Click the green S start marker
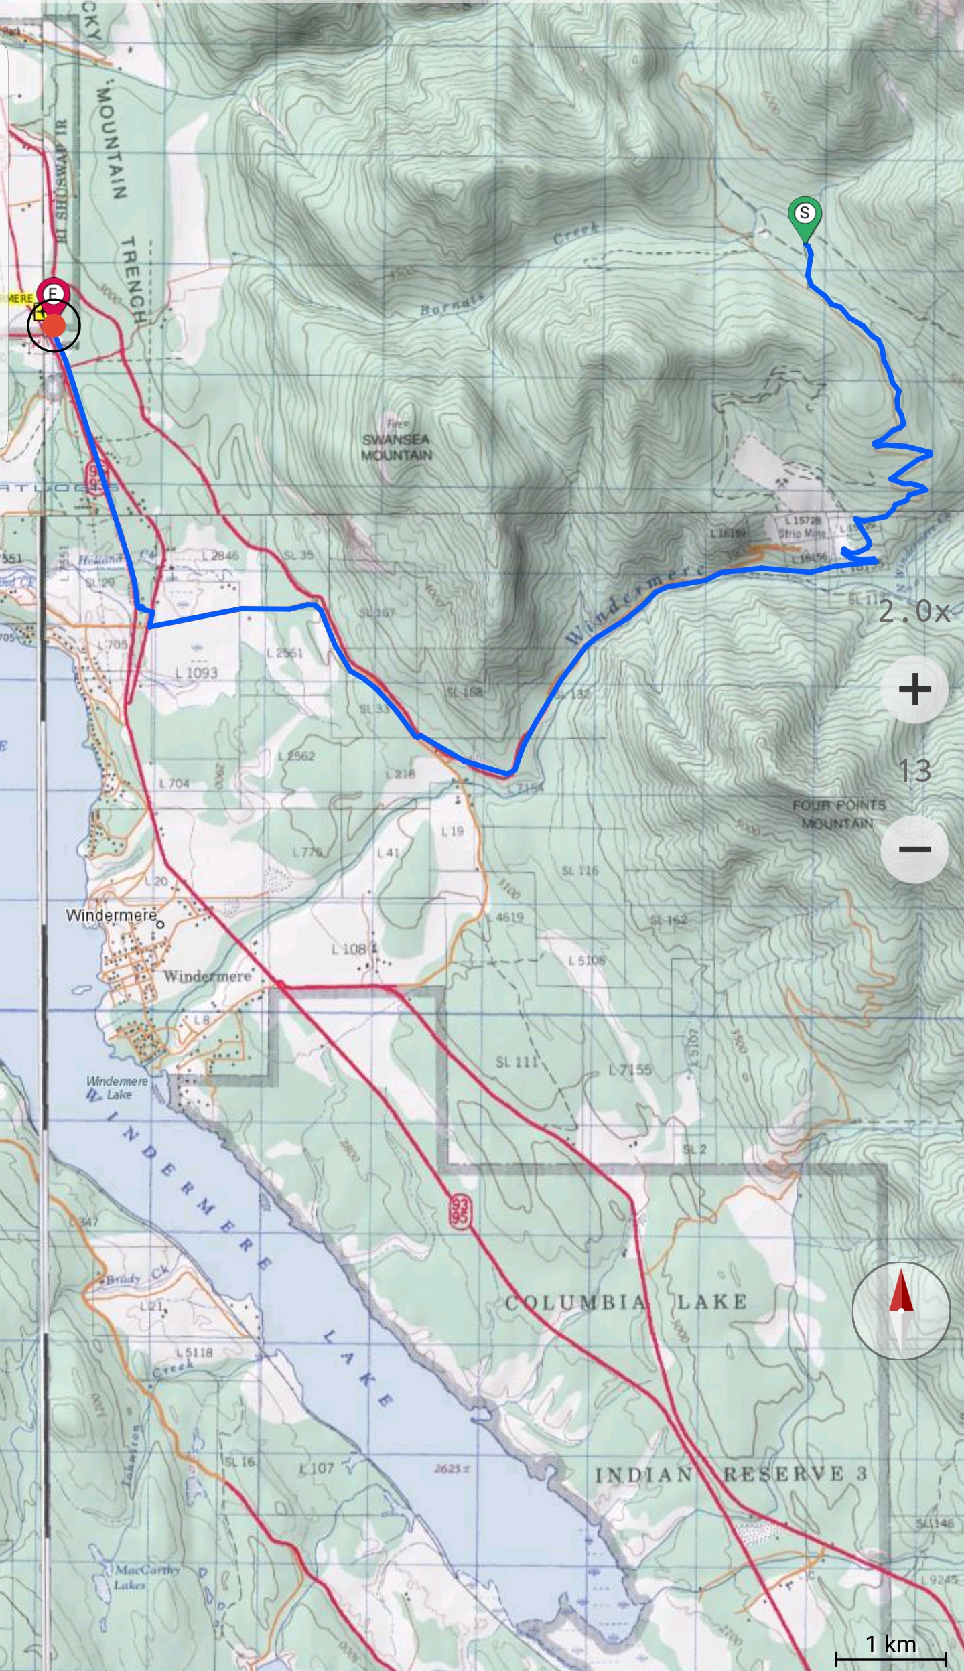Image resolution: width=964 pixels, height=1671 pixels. (805, 214)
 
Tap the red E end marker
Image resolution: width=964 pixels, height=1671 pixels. (53, 293)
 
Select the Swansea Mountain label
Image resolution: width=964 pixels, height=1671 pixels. (397, 447)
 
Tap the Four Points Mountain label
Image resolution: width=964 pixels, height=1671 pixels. (838, 814)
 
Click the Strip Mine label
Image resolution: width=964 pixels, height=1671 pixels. (802, 534)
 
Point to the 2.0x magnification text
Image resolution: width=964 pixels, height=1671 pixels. (914, 611)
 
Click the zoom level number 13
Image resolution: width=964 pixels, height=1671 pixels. (914, 771)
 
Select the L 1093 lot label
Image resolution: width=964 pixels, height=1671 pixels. (197, 672)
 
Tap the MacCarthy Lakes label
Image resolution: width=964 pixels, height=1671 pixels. (137, 1577)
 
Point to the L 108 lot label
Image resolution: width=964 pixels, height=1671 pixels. (349, 949)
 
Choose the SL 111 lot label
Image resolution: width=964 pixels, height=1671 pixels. (517, 1062)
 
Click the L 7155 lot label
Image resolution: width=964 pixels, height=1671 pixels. (630, 1070)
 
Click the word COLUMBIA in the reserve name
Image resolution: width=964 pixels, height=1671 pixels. (575, 1302)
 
